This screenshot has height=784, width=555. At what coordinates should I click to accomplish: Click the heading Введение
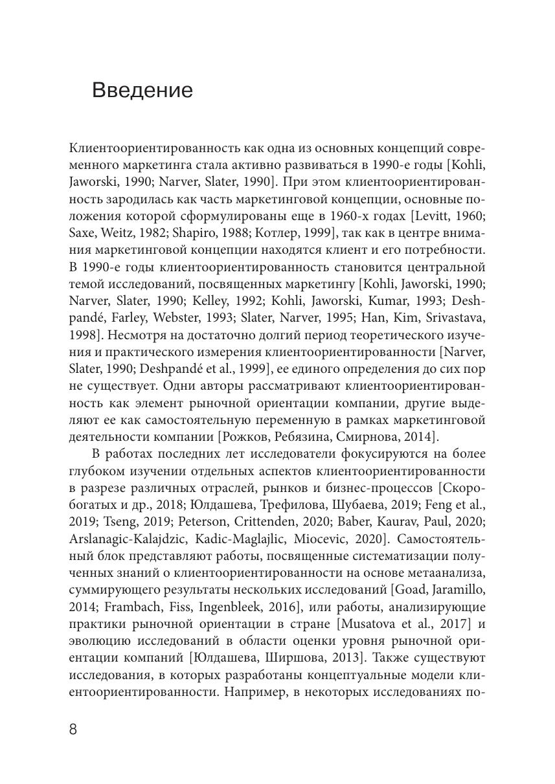point(142,89)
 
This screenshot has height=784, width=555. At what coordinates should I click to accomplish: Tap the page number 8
point(73,729)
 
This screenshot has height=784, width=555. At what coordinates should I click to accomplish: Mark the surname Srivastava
point(451,318)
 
